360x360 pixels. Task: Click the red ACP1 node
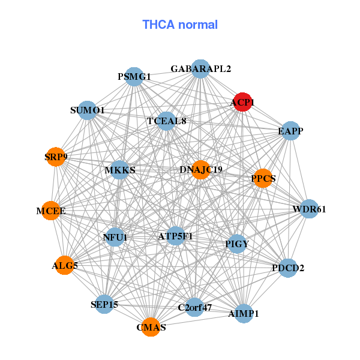(242, 102)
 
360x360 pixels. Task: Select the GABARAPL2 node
(200, 69)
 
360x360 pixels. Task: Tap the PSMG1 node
(134, 77)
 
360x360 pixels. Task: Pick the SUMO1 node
(88, 110)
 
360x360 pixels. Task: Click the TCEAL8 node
(167, 121)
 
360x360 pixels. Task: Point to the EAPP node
(290, 131)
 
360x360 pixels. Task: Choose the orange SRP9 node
(56, 157)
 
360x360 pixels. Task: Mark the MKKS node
(120, 170)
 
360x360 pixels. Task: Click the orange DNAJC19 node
(201, 170)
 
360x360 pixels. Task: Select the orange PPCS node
(263, 178)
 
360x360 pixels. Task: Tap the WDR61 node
(309, 209)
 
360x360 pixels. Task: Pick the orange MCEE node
(51, 211)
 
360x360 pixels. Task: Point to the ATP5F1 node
(175, 236)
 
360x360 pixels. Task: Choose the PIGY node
(237, 244)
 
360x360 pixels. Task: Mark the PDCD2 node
(288, 268)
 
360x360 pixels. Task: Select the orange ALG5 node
(64, 265)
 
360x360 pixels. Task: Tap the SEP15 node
(104, 304)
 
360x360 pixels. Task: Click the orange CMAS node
(151, 327)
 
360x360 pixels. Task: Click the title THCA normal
(180, 25)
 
